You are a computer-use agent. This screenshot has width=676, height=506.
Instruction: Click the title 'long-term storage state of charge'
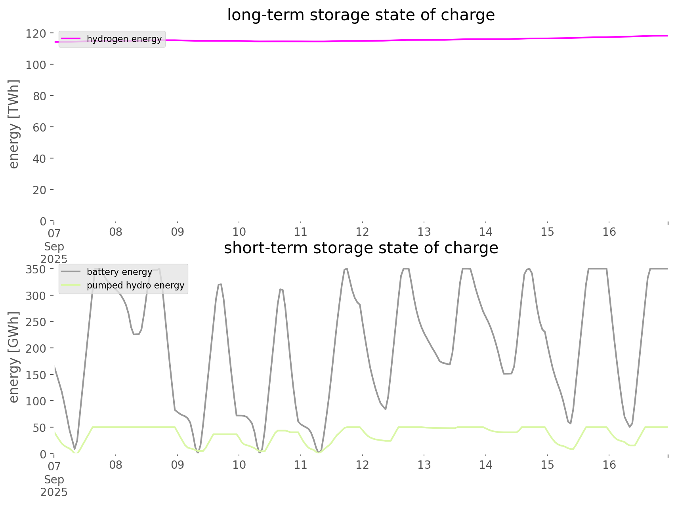coord(361,15)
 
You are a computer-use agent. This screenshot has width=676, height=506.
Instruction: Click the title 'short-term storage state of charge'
coord(361,248)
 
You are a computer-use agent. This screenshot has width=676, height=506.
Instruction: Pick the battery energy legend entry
coord(119,272)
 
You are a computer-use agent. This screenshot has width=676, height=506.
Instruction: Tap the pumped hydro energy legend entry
coord(135,285)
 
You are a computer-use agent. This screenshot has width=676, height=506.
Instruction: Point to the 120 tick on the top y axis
coord(36,33)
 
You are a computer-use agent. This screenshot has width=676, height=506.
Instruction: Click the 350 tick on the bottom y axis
coord(36,269)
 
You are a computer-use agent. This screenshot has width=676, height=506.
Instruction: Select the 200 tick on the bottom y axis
coord(36,348)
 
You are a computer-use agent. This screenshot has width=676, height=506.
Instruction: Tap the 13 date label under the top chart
coord(424,232)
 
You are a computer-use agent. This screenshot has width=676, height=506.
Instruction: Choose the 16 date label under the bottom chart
coord(609,465)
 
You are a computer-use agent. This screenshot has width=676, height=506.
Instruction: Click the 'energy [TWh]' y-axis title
coord(14,124)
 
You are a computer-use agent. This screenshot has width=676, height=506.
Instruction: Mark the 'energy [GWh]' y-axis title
coord(14,357)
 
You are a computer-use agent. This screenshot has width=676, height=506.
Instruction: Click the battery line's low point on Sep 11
coord(319,452)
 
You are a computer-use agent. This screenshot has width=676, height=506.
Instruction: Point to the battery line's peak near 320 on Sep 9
coord(220,284)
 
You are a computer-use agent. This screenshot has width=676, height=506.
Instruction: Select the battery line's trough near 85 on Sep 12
coord(385,409)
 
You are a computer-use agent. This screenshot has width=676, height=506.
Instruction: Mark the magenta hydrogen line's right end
coord(667,36)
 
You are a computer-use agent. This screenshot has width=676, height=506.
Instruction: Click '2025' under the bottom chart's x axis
coord(54,493)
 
